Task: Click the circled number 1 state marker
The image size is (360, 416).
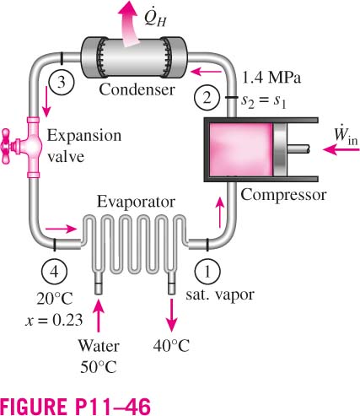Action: [x=207, y=272]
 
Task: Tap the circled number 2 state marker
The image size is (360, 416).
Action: [x=207, y=98]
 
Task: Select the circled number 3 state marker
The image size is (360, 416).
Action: [x=62, y=83]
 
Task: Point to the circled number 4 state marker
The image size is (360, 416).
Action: [x=54, y=272]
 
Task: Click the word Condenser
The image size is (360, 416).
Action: [x=137, y=89]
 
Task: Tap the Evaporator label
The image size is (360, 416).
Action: [x=136, y=202]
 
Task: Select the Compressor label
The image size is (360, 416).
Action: [x=283, y=195]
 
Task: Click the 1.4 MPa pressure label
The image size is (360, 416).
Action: [x=271, y=78]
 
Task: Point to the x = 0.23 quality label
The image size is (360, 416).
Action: [x=54, y=320]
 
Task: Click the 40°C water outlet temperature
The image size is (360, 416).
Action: [x=171, y=346]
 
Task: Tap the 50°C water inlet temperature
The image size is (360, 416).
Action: [x=99, y=367]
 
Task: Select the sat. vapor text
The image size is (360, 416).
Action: [x=220, y=294]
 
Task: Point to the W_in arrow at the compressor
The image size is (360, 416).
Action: [x=341, y=149]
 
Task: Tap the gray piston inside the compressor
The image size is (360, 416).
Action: [x=280, y=149]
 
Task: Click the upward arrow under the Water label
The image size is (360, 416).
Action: [x=99, y=316]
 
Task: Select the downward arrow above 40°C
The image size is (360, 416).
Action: [x=171, y=316]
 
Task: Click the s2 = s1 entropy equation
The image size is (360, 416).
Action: [x=264, y=101]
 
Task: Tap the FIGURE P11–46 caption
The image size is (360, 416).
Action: [x=76, y=406]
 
